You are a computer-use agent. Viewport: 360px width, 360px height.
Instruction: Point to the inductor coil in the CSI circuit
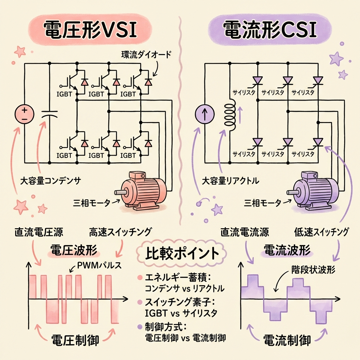231,115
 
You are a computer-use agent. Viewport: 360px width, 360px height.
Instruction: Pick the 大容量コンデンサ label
50,181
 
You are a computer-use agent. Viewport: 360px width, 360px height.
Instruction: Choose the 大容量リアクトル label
231,181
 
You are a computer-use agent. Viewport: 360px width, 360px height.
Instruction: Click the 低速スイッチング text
321,232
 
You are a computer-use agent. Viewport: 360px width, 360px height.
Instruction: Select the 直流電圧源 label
39,232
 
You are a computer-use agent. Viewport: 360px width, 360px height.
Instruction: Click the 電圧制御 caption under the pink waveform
75,340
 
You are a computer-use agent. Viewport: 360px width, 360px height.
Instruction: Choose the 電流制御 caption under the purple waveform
287,340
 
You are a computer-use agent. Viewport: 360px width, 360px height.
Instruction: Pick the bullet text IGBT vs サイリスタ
181,313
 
